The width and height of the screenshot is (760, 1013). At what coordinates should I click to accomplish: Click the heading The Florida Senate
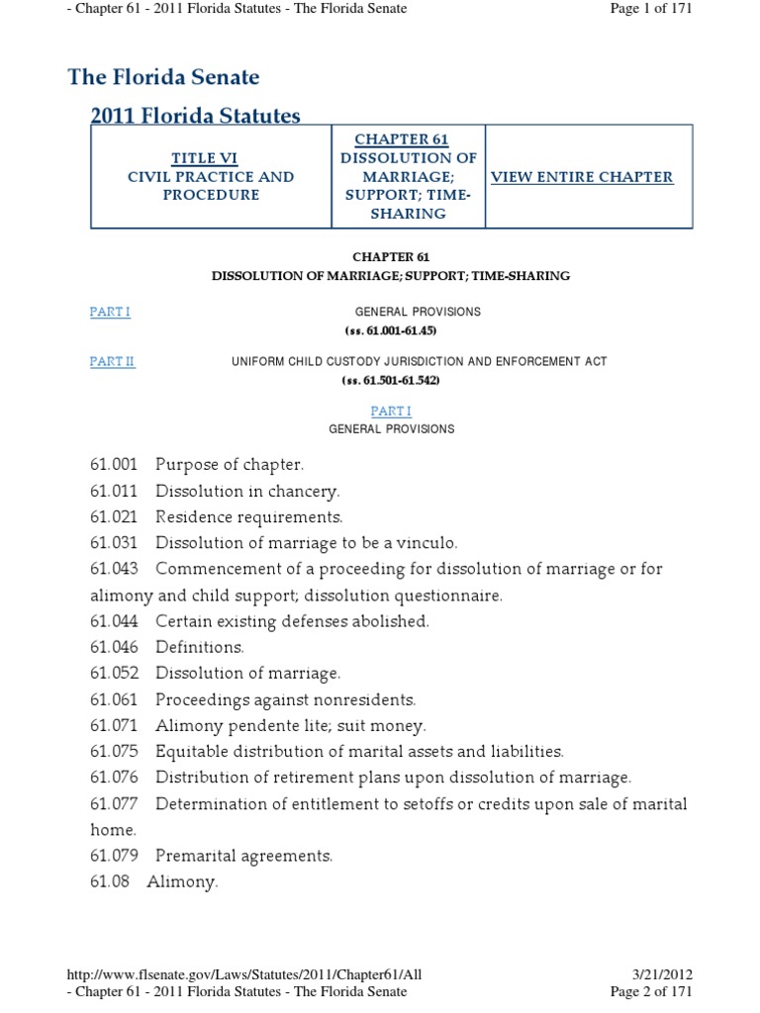(163, 77)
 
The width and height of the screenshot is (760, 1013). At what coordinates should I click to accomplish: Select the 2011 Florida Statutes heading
(195, 116)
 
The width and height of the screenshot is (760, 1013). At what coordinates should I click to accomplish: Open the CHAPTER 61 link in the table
(409, 139)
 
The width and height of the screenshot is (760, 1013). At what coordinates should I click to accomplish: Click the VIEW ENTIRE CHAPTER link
(582, 177)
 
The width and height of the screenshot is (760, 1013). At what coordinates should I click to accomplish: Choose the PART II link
(112, 362)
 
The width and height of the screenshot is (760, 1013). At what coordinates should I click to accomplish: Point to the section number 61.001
(114, 464)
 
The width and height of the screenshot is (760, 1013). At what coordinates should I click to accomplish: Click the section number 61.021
(114, 517)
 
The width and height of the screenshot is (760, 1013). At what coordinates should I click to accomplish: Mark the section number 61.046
(114, 647)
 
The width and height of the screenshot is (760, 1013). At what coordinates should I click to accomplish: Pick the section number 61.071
(114, 725)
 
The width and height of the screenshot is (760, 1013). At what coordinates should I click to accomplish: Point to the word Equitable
(189, 751)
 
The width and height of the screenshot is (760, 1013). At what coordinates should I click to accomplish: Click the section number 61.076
(114, 777)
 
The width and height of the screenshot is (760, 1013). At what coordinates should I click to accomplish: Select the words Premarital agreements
(243, 855)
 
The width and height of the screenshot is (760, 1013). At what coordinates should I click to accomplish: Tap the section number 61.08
(110, 881)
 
